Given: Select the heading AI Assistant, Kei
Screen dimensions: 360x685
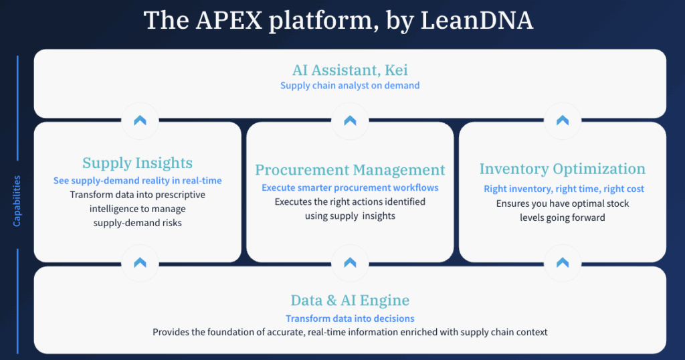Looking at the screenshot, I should tap(350, 70).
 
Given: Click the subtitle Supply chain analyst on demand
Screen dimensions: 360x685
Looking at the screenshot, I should tap(350, 86).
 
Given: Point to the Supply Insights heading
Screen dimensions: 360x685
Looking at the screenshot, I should tap(137, 163).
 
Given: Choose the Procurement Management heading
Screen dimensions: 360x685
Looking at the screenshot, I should tap(350, 170).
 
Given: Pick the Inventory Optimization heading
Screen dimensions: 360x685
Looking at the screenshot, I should tap(563, 169).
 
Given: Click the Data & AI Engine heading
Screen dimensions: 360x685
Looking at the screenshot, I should tap(350, 300).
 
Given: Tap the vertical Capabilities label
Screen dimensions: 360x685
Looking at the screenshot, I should tap(17, 201).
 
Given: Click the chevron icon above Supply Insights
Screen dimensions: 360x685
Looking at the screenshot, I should tap(140, 120).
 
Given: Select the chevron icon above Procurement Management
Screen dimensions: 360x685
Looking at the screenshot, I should tap(350, 120).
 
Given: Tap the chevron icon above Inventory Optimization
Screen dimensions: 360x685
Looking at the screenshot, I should tap(563, 120).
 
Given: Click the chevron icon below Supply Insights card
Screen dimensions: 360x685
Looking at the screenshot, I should tap(140, 262).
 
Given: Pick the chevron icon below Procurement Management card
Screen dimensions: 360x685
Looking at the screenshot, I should tap(350, 262).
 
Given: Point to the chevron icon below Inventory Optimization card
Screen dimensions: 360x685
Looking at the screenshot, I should tap(563, 262).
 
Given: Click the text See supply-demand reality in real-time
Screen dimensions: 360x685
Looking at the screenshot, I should tap(137, 181).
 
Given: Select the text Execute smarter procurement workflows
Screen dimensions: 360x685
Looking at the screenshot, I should tap(350, 188).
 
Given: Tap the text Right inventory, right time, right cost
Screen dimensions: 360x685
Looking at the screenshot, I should tap(563, 189).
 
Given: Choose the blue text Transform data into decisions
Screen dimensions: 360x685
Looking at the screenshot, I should tap(350, 319).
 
